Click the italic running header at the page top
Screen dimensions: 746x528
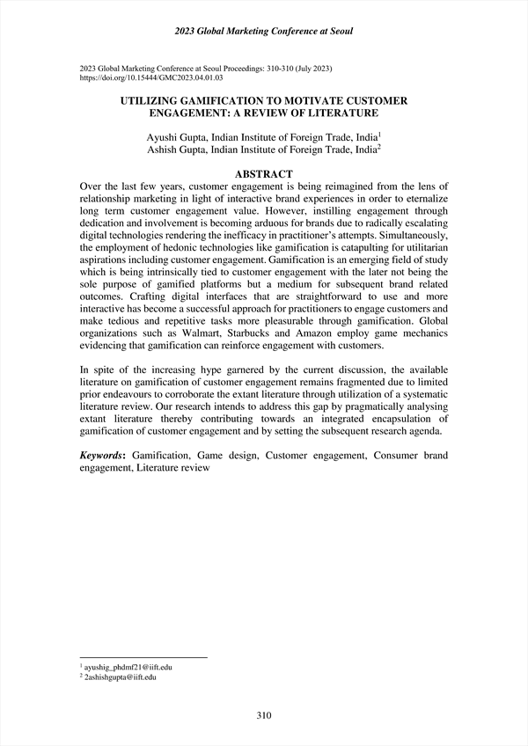[264, 32]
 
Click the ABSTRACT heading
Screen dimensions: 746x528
[263, 175]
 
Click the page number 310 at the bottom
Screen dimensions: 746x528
[263, 715]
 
